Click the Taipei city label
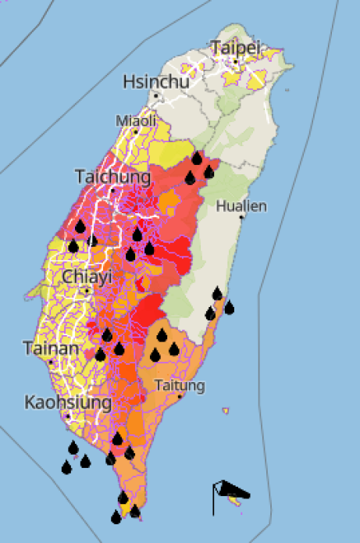coord(234,48)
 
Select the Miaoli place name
coord(136,120)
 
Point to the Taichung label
coord(112,177)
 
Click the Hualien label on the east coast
coord(242,206)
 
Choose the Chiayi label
coord(87,277)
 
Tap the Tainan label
coord(51,348)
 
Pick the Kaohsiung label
coord(67,402)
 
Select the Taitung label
coord(180,385)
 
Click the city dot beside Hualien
coord(241,217)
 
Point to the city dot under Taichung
coord(112,189)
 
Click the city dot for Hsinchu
coord(156,96)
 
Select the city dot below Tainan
coord(51,362)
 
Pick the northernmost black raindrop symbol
coord(197,159)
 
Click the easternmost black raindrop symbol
coord(230,307)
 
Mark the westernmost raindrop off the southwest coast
coord(66,467)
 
